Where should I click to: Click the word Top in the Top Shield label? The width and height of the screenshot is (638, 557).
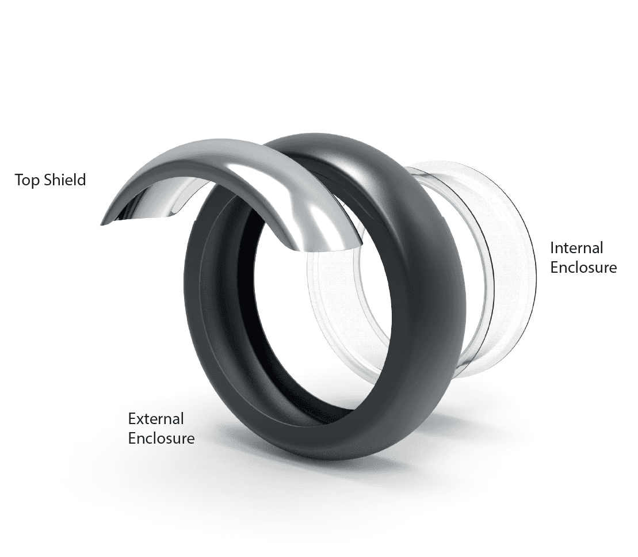27,180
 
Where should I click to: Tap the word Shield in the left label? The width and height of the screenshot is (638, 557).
64,180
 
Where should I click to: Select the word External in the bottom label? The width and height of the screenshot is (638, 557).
156,419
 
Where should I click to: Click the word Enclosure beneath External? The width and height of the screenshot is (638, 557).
161,438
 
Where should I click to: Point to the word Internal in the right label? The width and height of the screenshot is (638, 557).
576,248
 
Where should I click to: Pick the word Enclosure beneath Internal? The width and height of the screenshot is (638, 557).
583,268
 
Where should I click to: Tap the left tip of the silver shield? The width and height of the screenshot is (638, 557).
101,224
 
